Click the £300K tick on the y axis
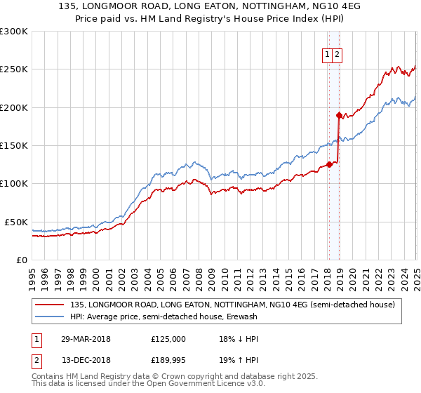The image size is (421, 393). pyautogui.click(x=14, y=32)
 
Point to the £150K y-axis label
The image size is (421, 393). pyautogui.click(x=14, y=145)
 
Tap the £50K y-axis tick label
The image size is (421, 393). pyautogui.click(x=16, y=222)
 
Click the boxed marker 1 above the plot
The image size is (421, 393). pyautogui.click(x=328, y=55)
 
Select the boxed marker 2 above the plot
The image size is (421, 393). pyautogui.click(x=338, y=55)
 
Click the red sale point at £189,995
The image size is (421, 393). pyautogui.click(x=338, y=115)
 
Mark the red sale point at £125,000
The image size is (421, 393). pyautogui.click(x=328, y=165)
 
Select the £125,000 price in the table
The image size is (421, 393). pyautogui.click(x=168, y=338)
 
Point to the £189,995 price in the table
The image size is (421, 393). pyautogui.click(x=168, y=361)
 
